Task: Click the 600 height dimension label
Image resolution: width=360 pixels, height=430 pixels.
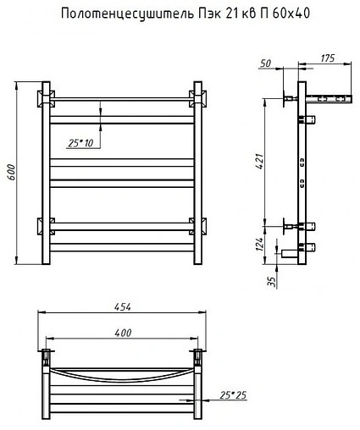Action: click(x=11, y=173)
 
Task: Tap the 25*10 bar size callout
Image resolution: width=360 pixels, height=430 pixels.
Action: click(x=80, y=143)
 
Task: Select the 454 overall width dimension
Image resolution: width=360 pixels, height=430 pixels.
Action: click(x=123, y=307)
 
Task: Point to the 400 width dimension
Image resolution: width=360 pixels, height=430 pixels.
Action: click(x=123, y=333)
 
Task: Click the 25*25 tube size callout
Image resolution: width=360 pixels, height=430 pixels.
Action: click(x=233, y=395)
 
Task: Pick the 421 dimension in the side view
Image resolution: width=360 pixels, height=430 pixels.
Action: click(x=259, y=162)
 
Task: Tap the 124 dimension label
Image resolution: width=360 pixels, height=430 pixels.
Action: click(x=259, y=244)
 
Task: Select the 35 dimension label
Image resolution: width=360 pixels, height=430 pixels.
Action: click(x=273, y=282)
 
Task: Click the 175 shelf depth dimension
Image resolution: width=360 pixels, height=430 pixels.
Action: click(x=328, y=58)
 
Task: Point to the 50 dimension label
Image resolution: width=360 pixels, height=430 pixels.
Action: click(x=265, y=63)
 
